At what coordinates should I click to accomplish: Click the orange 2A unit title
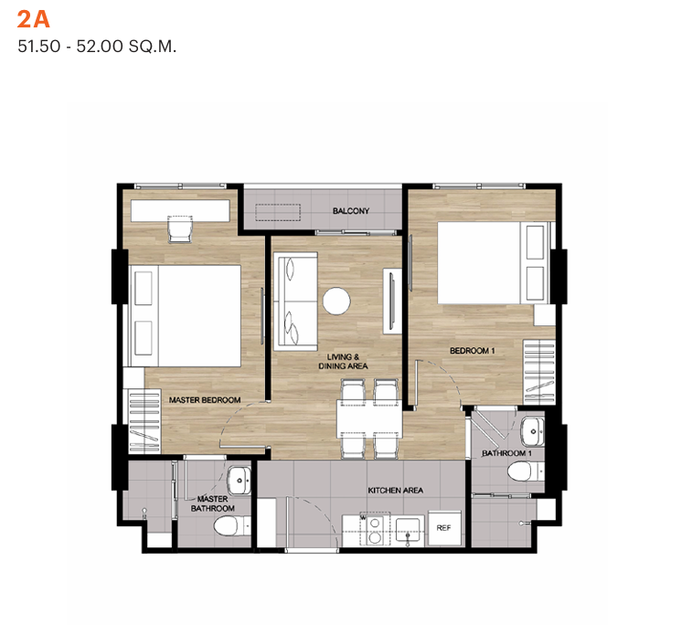34,19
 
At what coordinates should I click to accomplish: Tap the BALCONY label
351,211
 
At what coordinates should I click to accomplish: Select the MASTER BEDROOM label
205,400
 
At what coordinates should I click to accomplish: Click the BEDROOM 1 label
472,351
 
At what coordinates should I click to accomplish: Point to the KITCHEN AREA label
395,491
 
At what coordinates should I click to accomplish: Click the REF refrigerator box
444,528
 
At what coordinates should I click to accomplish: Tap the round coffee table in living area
336,301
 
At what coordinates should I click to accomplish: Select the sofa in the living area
295,302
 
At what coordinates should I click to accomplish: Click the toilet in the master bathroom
232,526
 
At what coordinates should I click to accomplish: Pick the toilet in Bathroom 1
526,471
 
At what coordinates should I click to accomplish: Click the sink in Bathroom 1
533,432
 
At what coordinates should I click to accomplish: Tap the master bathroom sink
239,481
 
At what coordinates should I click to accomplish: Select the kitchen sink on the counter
408,530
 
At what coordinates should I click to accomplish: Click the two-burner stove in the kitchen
375,530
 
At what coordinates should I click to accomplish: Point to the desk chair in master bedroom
180,229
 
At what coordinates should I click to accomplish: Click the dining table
369,418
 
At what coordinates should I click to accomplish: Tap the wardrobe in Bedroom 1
539,373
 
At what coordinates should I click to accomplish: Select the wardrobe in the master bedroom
144,421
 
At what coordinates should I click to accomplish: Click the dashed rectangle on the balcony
278,212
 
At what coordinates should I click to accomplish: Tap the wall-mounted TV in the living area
392,301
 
